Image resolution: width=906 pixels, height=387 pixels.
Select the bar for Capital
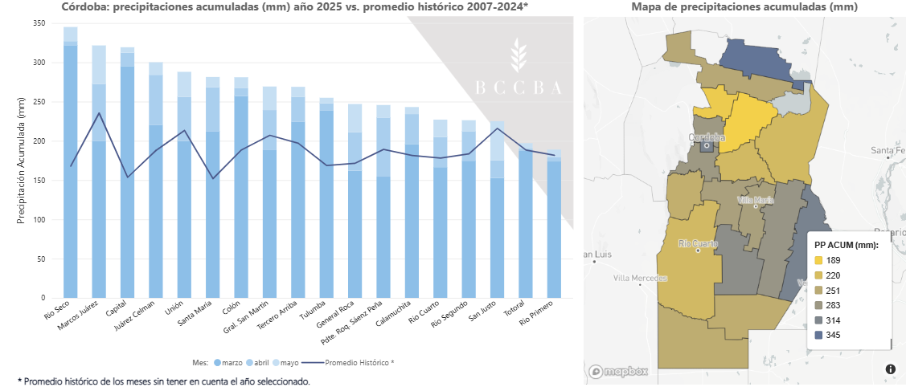[127, 185]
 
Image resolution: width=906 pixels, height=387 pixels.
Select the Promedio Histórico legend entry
[359, 363]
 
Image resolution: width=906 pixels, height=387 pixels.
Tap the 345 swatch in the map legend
[819, 334]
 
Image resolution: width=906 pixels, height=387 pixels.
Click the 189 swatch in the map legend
[819, 260]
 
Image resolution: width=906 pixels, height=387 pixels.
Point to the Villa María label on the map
[755, 200]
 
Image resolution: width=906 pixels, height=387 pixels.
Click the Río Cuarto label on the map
[697, 243]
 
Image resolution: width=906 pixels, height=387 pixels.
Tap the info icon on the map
[890, 369]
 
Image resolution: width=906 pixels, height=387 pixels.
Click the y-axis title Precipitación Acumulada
[22, 161]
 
